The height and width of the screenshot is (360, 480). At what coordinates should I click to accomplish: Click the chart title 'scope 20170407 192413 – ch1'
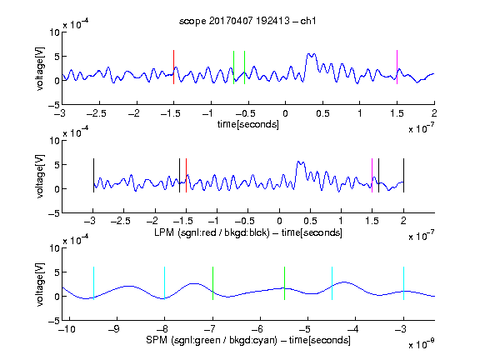247,21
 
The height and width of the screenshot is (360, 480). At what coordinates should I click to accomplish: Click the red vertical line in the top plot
173,67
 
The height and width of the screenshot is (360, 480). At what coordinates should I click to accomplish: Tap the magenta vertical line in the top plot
397,67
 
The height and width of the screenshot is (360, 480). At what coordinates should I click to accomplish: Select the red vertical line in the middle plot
186,175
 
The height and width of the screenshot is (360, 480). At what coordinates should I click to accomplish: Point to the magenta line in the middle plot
372,175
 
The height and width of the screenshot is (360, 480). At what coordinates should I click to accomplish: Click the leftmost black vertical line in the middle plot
93,175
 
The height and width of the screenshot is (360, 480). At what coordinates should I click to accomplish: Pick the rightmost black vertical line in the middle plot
403,175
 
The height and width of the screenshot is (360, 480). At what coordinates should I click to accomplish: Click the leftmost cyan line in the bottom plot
93,283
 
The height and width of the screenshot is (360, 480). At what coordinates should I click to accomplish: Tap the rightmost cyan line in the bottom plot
403,283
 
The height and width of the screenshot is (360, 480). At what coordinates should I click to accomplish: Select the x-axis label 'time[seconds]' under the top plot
248,124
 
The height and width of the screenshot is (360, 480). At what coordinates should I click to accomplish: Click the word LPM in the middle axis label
164,232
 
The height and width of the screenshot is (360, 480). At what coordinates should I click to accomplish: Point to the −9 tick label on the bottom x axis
113,329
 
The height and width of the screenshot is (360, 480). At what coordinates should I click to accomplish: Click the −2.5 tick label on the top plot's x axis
96,113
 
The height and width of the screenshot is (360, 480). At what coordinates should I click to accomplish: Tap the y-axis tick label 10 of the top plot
55,32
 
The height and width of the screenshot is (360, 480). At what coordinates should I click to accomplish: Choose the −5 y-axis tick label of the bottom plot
54,321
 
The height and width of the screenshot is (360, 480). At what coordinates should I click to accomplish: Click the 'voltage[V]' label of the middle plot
40,177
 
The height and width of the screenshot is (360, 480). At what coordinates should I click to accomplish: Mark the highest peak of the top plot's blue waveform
308,54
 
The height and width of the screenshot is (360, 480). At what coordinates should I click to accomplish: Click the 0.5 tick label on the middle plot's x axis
310,222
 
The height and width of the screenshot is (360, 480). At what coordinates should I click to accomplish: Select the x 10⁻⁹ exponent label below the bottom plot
422,344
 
